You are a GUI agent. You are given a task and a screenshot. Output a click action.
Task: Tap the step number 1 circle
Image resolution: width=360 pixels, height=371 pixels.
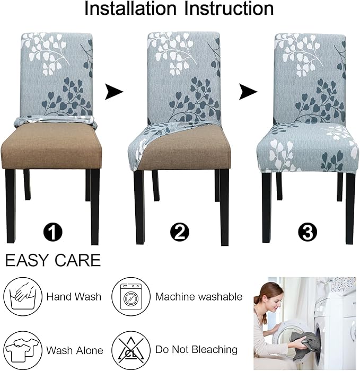point(54,232)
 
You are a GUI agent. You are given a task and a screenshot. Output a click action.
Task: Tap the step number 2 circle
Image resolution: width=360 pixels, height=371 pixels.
point(179,232)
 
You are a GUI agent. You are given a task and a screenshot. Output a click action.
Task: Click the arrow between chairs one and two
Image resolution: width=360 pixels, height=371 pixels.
point(113,92)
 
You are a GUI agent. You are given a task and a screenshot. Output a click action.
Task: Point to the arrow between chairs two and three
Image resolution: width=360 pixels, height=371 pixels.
point(248,92)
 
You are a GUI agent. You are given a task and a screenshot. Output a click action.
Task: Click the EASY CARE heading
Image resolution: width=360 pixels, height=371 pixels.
point(52,261)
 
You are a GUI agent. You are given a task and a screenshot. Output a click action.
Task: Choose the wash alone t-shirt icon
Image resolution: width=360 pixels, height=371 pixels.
point(22,350)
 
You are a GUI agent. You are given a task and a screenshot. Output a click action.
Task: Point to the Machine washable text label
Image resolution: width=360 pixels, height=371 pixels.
point(198,297)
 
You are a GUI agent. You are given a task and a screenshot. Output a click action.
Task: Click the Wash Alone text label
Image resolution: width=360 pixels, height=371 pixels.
point(74,350)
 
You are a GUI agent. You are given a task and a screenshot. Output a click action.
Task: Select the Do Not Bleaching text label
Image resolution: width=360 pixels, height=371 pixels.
point(196,350)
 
